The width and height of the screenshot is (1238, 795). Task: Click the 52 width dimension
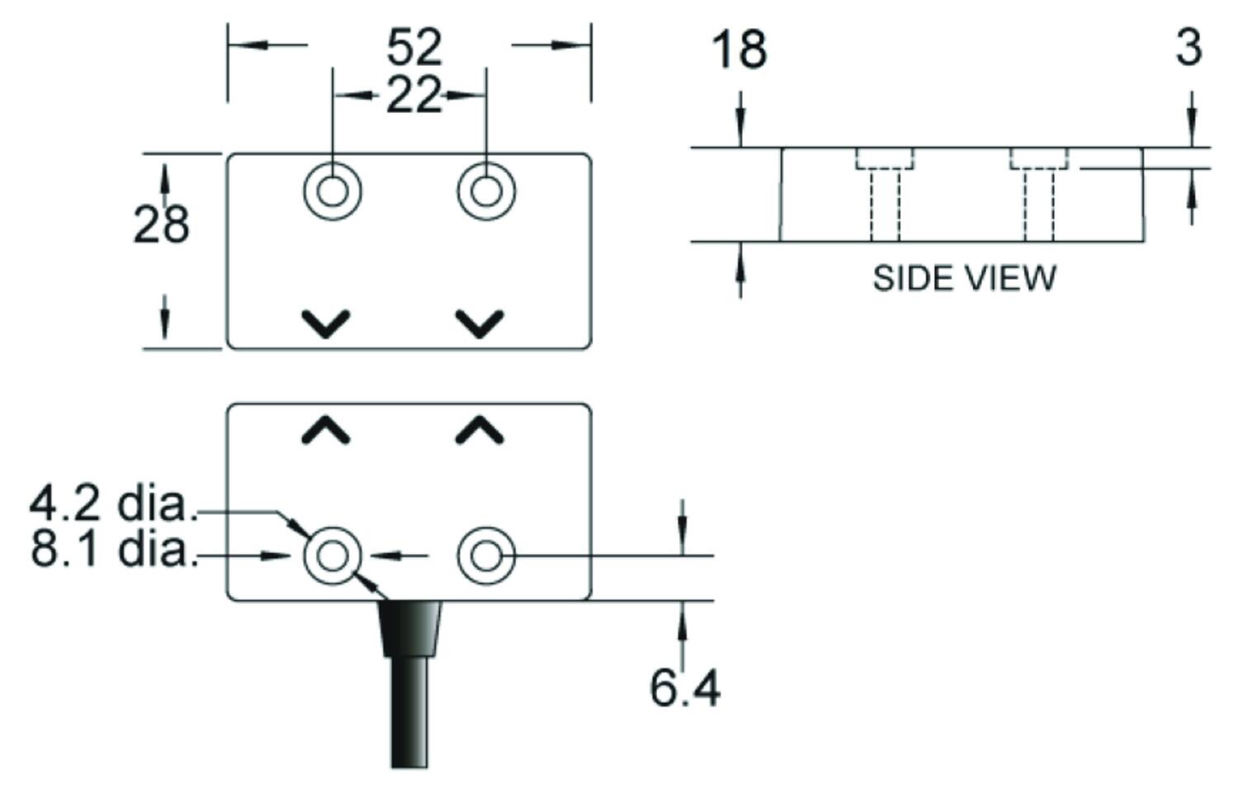[x=414, y=48]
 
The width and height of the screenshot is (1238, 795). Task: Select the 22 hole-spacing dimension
[x=414, y=96]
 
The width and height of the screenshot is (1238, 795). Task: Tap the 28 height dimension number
[x=162, y=225]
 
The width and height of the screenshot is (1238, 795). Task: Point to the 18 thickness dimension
[x=739, y=50]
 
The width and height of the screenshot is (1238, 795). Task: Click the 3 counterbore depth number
[x=1188, y=48]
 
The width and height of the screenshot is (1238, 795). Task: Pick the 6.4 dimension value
[x=685, y=689]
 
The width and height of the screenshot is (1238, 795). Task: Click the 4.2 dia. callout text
[x=113, y=504]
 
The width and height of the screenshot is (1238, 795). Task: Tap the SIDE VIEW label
[x=965, y=278]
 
